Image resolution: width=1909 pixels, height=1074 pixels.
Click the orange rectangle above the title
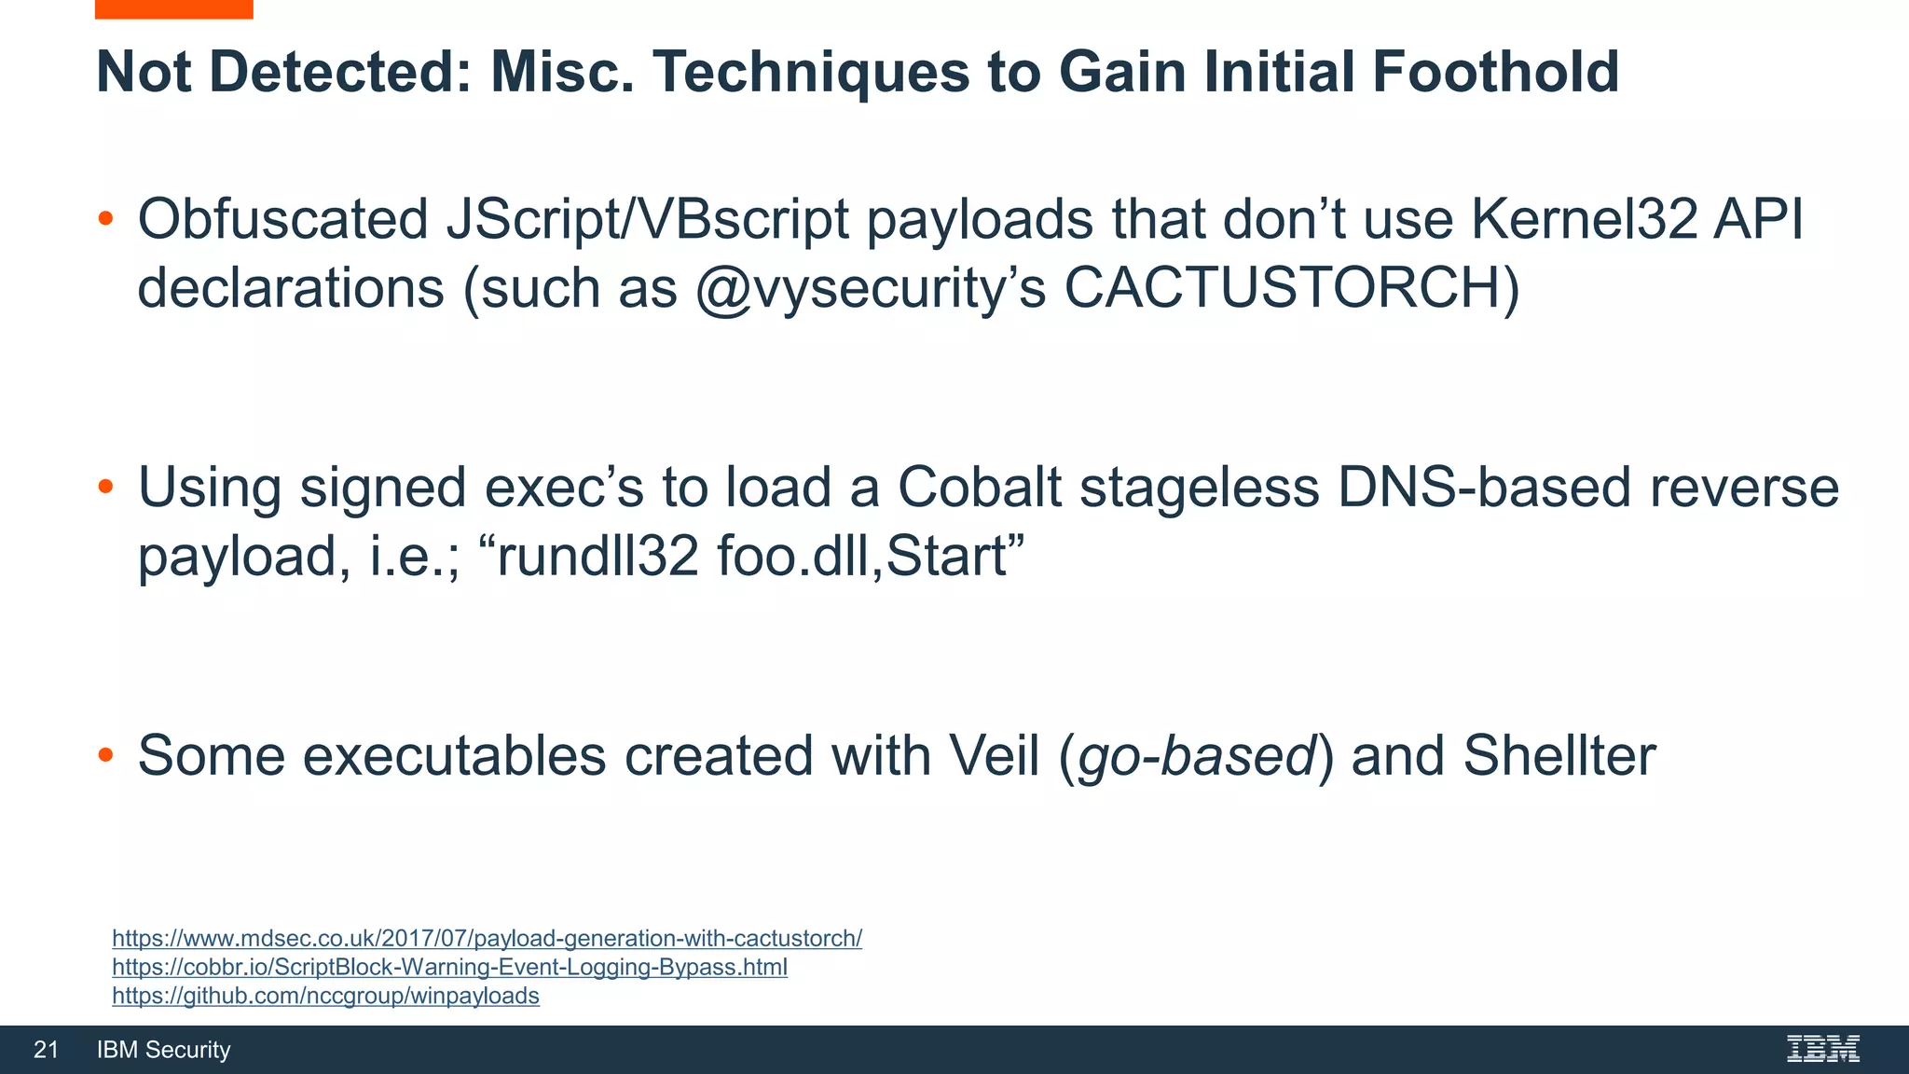(173, 8)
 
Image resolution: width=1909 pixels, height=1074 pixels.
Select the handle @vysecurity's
(871, 288)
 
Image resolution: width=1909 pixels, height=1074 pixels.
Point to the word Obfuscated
(282, 220)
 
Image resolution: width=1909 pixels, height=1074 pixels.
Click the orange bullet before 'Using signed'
(105, 487)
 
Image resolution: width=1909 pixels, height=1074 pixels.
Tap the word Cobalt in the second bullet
(979, 488)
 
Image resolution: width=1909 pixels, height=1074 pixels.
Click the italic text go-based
(1196, 755)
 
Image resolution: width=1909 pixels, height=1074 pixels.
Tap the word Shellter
(1559, 755)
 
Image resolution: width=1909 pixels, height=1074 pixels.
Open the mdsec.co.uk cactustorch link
(487, 938)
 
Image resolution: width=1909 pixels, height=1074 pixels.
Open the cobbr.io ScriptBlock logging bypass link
(449, 967)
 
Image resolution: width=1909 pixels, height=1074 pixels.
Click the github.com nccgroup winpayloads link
(325, 996)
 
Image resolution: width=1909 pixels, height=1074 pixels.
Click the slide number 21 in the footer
(46, 1050)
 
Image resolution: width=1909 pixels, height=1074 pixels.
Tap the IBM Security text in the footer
(163, 1050)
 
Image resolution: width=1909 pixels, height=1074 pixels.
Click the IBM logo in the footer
(1822, 1049)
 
